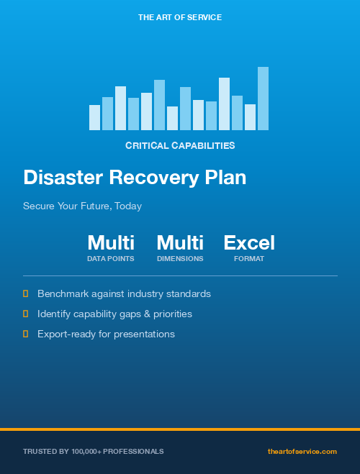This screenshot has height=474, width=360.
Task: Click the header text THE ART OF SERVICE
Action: coord(180,17)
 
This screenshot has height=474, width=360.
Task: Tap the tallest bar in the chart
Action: coord(263,99)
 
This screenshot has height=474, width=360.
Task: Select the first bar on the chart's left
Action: coord(94,117)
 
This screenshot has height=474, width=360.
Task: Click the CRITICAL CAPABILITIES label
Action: coord(180,145)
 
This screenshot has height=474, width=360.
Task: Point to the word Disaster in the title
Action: coord(63,178)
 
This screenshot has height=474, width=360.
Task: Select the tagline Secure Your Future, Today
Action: coord(82,206)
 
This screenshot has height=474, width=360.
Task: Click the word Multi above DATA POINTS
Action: coord(111,242)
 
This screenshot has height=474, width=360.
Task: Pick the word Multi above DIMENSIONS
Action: coord(180,242)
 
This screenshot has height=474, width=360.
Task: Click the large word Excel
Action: coord(249,242)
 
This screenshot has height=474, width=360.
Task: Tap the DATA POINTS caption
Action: coord(111,258)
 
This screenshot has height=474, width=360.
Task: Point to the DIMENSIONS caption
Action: coord(180,258)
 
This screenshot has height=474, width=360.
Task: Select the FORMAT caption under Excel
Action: coord(249,258)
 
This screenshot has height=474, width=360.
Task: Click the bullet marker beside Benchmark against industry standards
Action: coord(25,293)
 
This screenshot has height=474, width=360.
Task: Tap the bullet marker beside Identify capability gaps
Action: coord(25,314)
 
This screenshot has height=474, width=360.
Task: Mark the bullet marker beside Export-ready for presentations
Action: coord(25,334)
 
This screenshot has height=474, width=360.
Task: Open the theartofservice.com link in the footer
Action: coord(302,451)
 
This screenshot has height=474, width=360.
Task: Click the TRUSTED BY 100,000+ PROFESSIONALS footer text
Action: coord(94,451)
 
